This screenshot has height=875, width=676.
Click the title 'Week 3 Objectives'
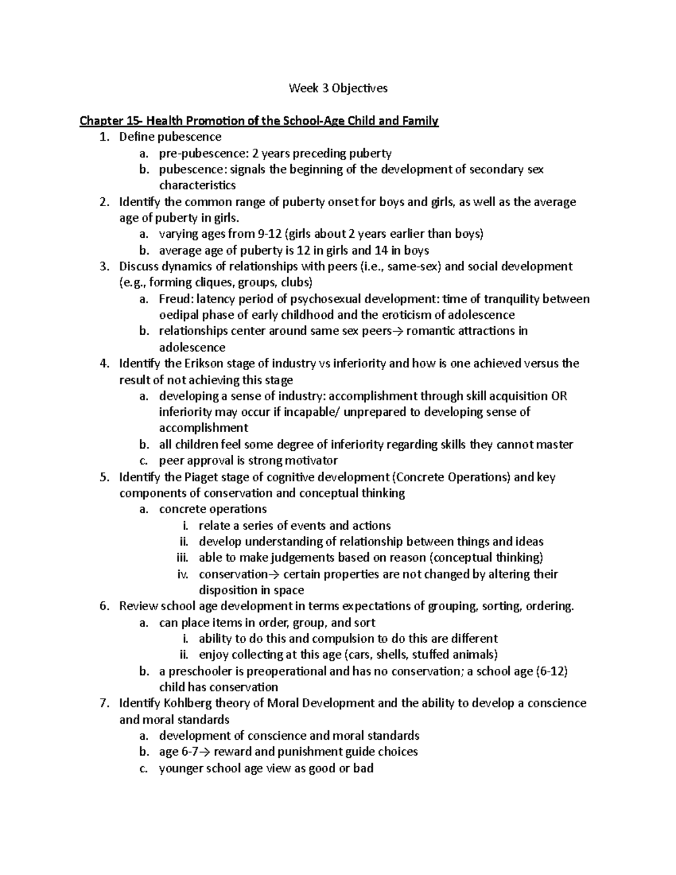pyautogui.click(x=338, y=88)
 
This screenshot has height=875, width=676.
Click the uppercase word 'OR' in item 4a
pyautogui.click(x=559, y=396)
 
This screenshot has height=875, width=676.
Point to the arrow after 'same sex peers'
pyautogui.click(x=398, y=331)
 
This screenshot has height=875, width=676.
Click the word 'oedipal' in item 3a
pyautogui.click(x=179, y=315)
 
